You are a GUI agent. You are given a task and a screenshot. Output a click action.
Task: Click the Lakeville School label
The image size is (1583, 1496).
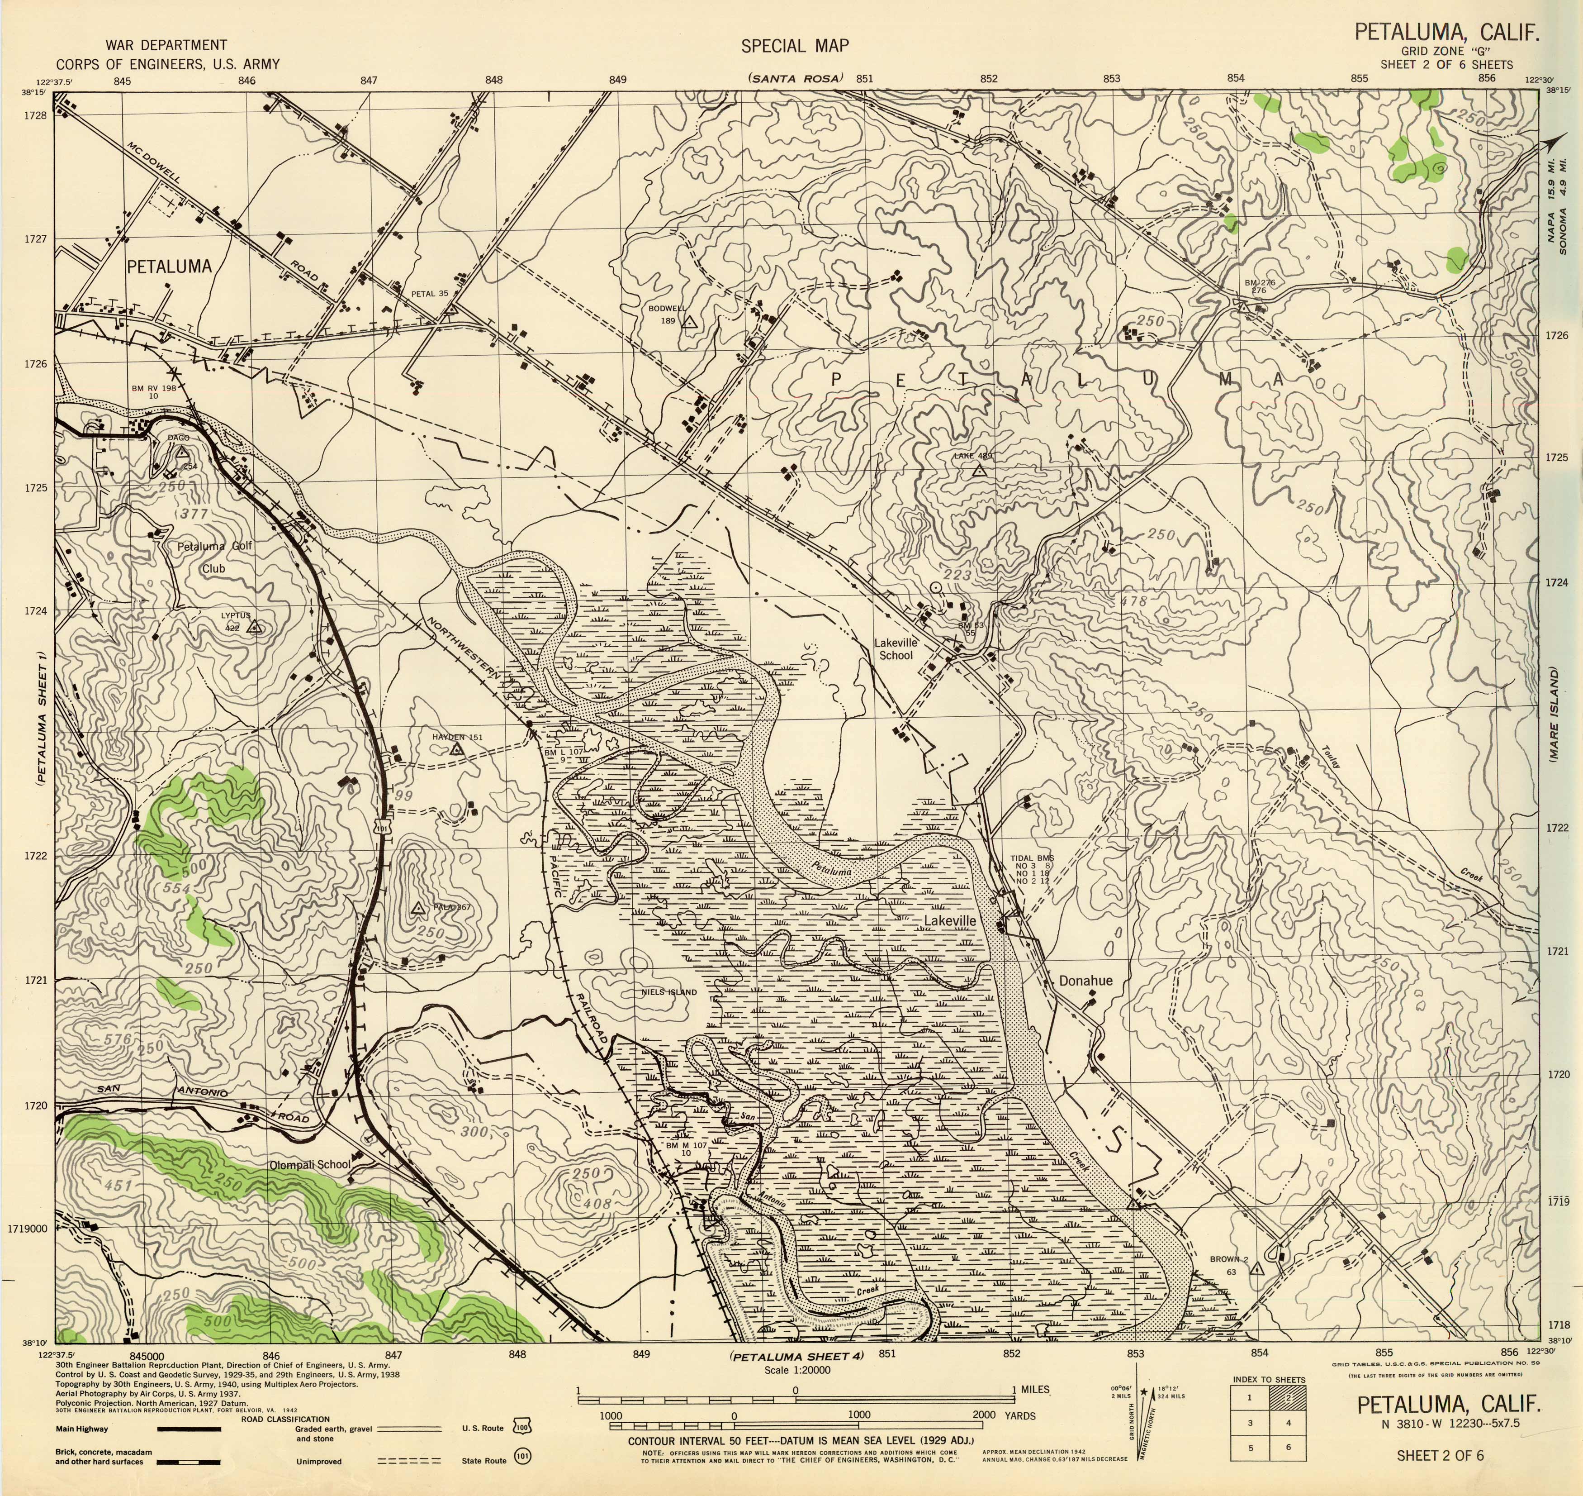tap(896, 648)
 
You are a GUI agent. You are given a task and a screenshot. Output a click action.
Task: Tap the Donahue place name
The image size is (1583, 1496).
tap(1085, 981)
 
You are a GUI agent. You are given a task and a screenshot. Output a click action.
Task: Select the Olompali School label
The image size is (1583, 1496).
tap(309, 1164)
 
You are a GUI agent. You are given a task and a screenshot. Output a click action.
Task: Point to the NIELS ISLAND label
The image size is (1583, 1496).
tap(669, 993)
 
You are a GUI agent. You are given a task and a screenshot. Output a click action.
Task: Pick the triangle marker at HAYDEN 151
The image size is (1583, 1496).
tap(457, 750)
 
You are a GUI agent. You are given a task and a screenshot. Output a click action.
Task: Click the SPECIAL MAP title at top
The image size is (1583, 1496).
tap(795, 46)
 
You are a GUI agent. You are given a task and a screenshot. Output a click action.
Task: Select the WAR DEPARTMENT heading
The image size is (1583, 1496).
tap(166, 45)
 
